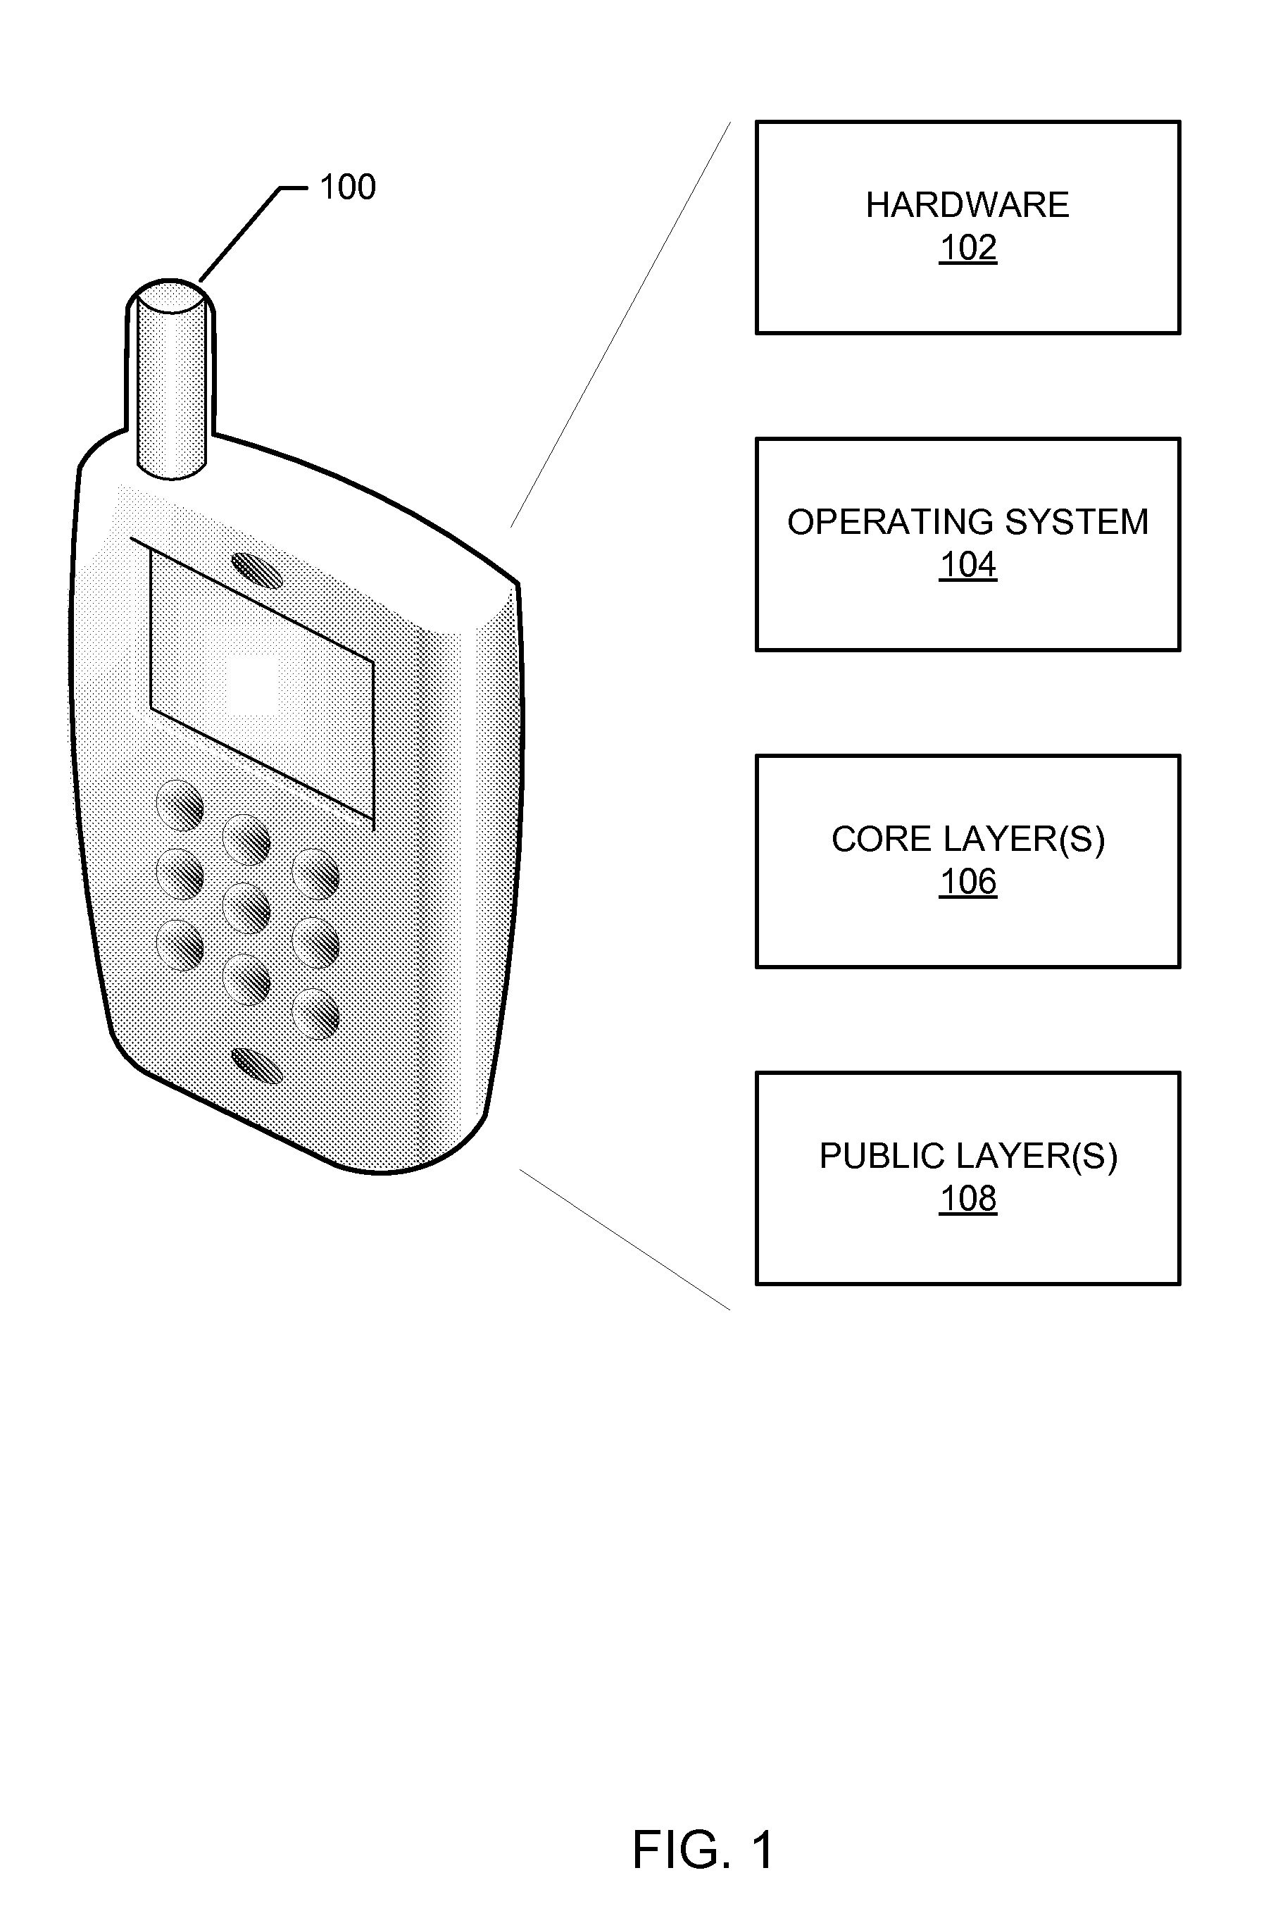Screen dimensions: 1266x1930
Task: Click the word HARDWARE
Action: [967, 205]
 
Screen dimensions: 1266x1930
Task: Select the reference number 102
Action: [967, 247]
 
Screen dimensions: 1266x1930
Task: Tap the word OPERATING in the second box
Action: [881, 522]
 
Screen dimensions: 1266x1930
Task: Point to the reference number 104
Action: [967, 564]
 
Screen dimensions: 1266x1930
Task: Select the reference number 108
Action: [967, 1199]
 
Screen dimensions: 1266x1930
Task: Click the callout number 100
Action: [348, 187]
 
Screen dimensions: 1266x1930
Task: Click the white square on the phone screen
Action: [252, 685]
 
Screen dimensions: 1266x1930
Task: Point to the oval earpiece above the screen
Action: [257, 570]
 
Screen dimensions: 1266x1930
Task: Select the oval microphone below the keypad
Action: [257, 1065]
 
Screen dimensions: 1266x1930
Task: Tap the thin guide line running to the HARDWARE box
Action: [621, 325]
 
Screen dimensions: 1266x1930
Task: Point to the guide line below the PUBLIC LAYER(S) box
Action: [625, 1239]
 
